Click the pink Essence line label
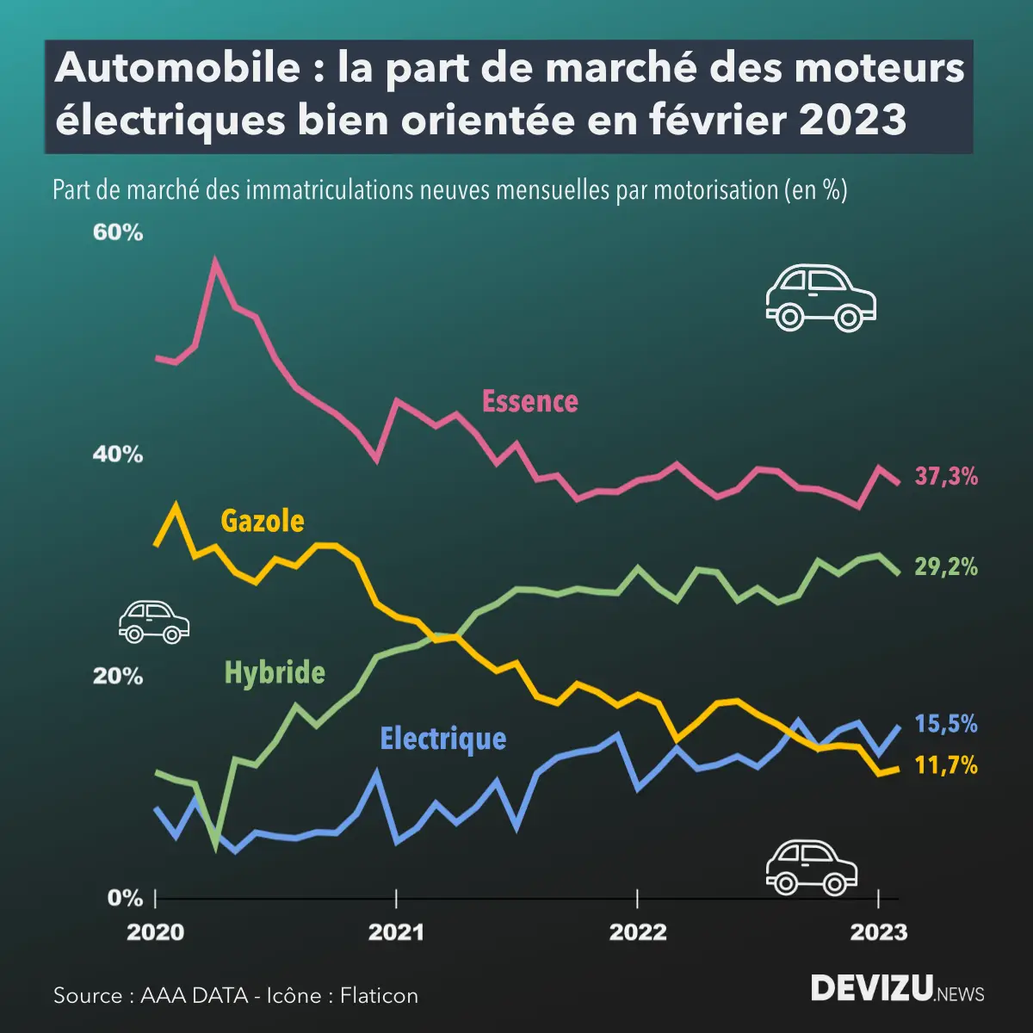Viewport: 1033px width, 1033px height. (x=529, y=401)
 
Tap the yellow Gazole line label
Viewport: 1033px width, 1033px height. (x=263, y=521)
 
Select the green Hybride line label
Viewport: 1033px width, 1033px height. (x=275, y=672)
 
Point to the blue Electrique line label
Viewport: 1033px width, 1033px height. (x=443, y=739)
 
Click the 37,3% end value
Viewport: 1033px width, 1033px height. (x=946, y=476)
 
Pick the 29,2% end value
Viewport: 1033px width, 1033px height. (x=946, y=566)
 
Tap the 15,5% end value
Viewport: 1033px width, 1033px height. (x=946, y=724)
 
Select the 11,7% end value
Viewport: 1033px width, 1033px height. (x=946, y=764)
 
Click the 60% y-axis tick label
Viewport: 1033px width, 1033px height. (x=118, y=233)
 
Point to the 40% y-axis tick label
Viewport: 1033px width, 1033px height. (x=118, y=455)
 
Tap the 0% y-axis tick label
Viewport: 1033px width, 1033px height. (x=125, y=898)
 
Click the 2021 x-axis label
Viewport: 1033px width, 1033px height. (x=396, y=932)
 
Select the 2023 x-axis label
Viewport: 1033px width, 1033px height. (x=878, y=932)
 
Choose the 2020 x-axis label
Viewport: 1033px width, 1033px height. (x=156, y=932)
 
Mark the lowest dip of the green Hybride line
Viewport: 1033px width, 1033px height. (x=216, y=849)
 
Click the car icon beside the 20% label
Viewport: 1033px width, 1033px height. (x=153, y=622)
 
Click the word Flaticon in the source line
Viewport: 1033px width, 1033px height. (x=379, y=996)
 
